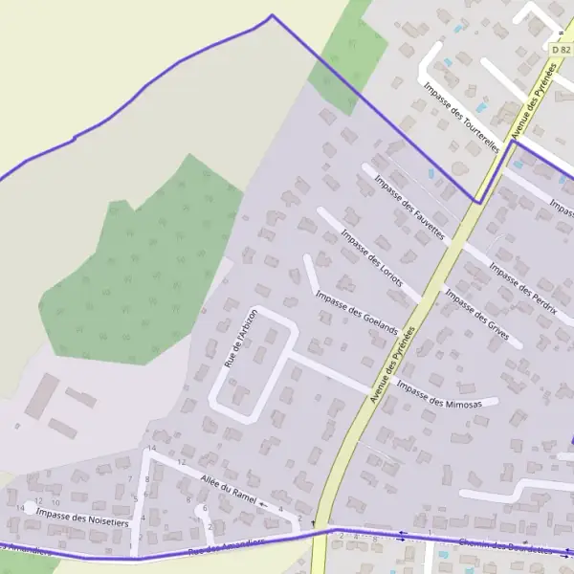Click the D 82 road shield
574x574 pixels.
(x=561, y=48)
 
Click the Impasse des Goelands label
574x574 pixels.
(x=355, y=312)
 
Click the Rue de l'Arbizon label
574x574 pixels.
(x=240, y=338)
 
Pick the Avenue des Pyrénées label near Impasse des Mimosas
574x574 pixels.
(x=395, y=364)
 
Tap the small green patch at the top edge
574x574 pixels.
(x=348, y=48)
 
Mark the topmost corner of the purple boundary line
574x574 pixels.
(x=272, y=15)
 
